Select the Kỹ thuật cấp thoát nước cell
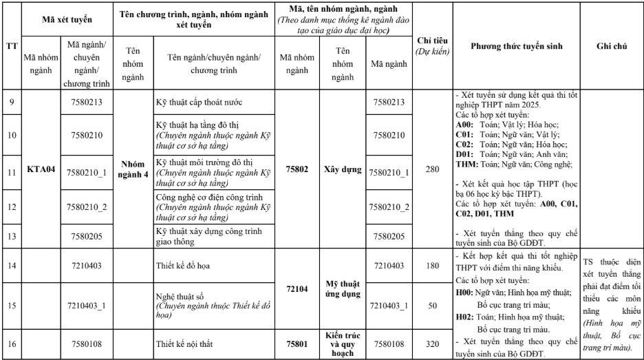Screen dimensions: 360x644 [x=199, y=103]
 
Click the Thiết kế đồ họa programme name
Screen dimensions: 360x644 [x=187, y=265]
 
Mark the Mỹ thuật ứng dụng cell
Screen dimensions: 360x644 [x=341, y=285]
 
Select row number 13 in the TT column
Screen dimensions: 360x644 [x=10, y=235]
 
